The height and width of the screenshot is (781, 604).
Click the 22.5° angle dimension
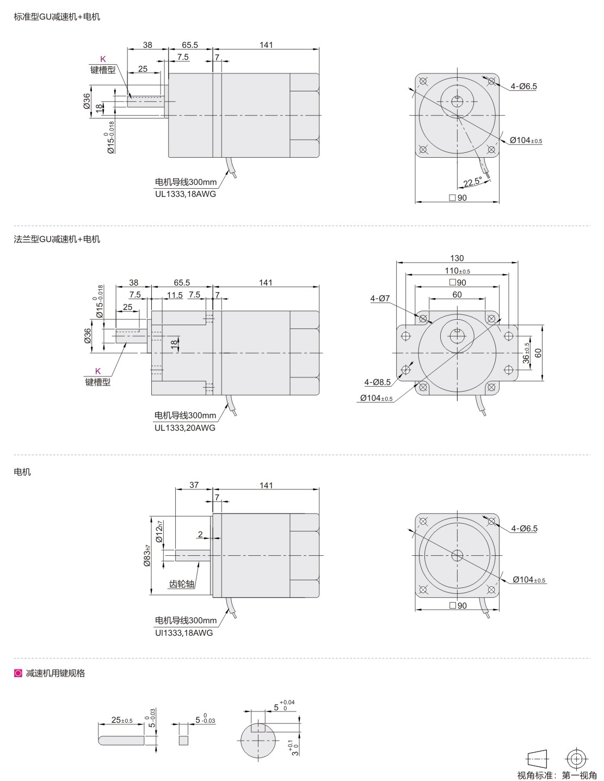click(x=473, y=182)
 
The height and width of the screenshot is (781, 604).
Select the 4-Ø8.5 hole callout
click(x=378, y=382)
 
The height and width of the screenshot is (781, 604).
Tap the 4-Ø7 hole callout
click(x=380, y=298)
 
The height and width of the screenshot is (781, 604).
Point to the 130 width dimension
click(x=457, y=258)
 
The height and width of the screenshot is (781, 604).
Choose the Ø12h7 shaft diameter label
click(x=159, y=531)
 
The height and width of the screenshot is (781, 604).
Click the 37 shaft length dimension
click(x=194, y=485)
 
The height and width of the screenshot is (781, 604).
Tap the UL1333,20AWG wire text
click(x=185, y=427)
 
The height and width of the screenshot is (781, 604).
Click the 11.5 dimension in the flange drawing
click(x=175, y=295)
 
